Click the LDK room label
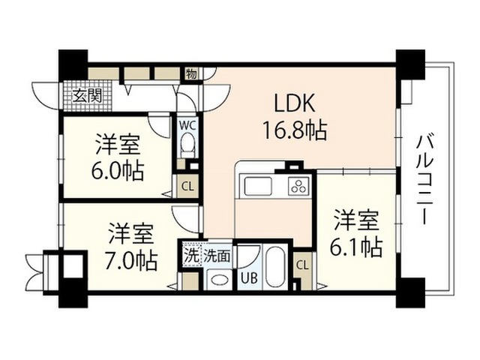[294, 103]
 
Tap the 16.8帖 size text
[295, 130]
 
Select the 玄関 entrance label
[87, 96]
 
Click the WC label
[188, 126]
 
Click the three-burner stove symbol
[298, 186]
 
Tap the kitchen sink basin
[257, 186]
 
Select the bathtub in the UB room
[276, 267]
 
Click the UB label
[249, 278]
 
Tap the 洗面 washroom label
[217, 256]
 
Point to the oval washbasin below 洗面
[219, 280]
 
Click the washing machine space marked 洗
[190, 256]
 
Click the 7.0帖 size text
[131, 261]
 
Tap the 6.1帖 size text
[355, 247]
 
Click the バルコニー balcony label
[424, 180]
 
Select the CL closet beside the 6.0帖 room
[187, 186]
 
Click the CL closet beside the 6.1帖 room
[302, 265]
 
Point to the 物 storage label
[192, 73]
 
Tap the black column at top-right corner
[410, 64]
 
